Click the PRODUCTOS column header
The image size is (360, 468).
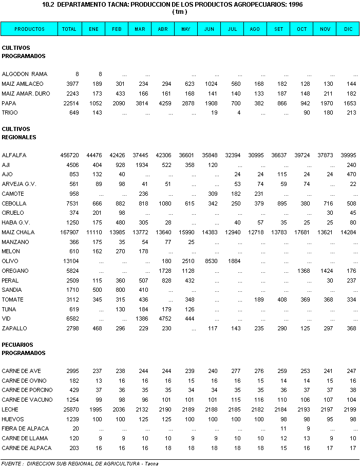pyautogui.click(x=29, y=29)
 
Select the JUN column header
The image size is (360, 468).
pyautogui.click(x=209, y=29)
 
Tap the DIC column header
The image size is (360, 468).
pyautogui.click(x=348, y=29)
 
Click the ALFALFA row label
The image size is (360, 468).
pyautogui.click(x=14, y=155)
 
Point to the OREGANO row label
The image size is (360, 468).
pyautogui.click(x=15, y=271)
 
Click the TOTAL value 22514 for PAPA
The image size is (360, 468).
pyautogui.click(x=69, y=103)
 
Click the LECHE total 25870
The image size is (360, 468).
pyautogui.click(x=69, y=409)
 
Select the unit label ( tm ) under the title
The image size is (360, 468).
pyautogui.click(x=180, y=11)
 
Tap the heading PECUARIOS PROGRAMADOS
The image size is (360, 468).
pyautogui.click(x=24, y=349)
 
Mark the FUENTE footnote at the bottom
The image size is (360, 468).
pyautogui.click(x=80, y=464)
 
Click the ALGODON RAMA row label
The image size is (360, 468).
pyautogui.click(x=24, y=74)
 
